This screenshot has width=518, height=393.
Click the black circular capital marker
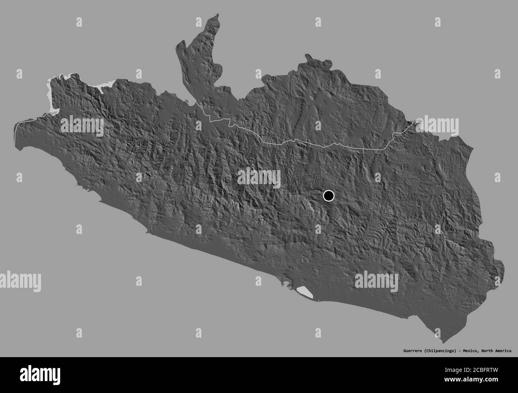coord(328,196)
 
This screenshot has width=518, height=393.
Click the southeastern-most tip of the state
coord(444,342)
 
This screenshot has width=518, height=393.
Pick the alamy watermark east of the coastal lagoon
coord(376,281)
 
